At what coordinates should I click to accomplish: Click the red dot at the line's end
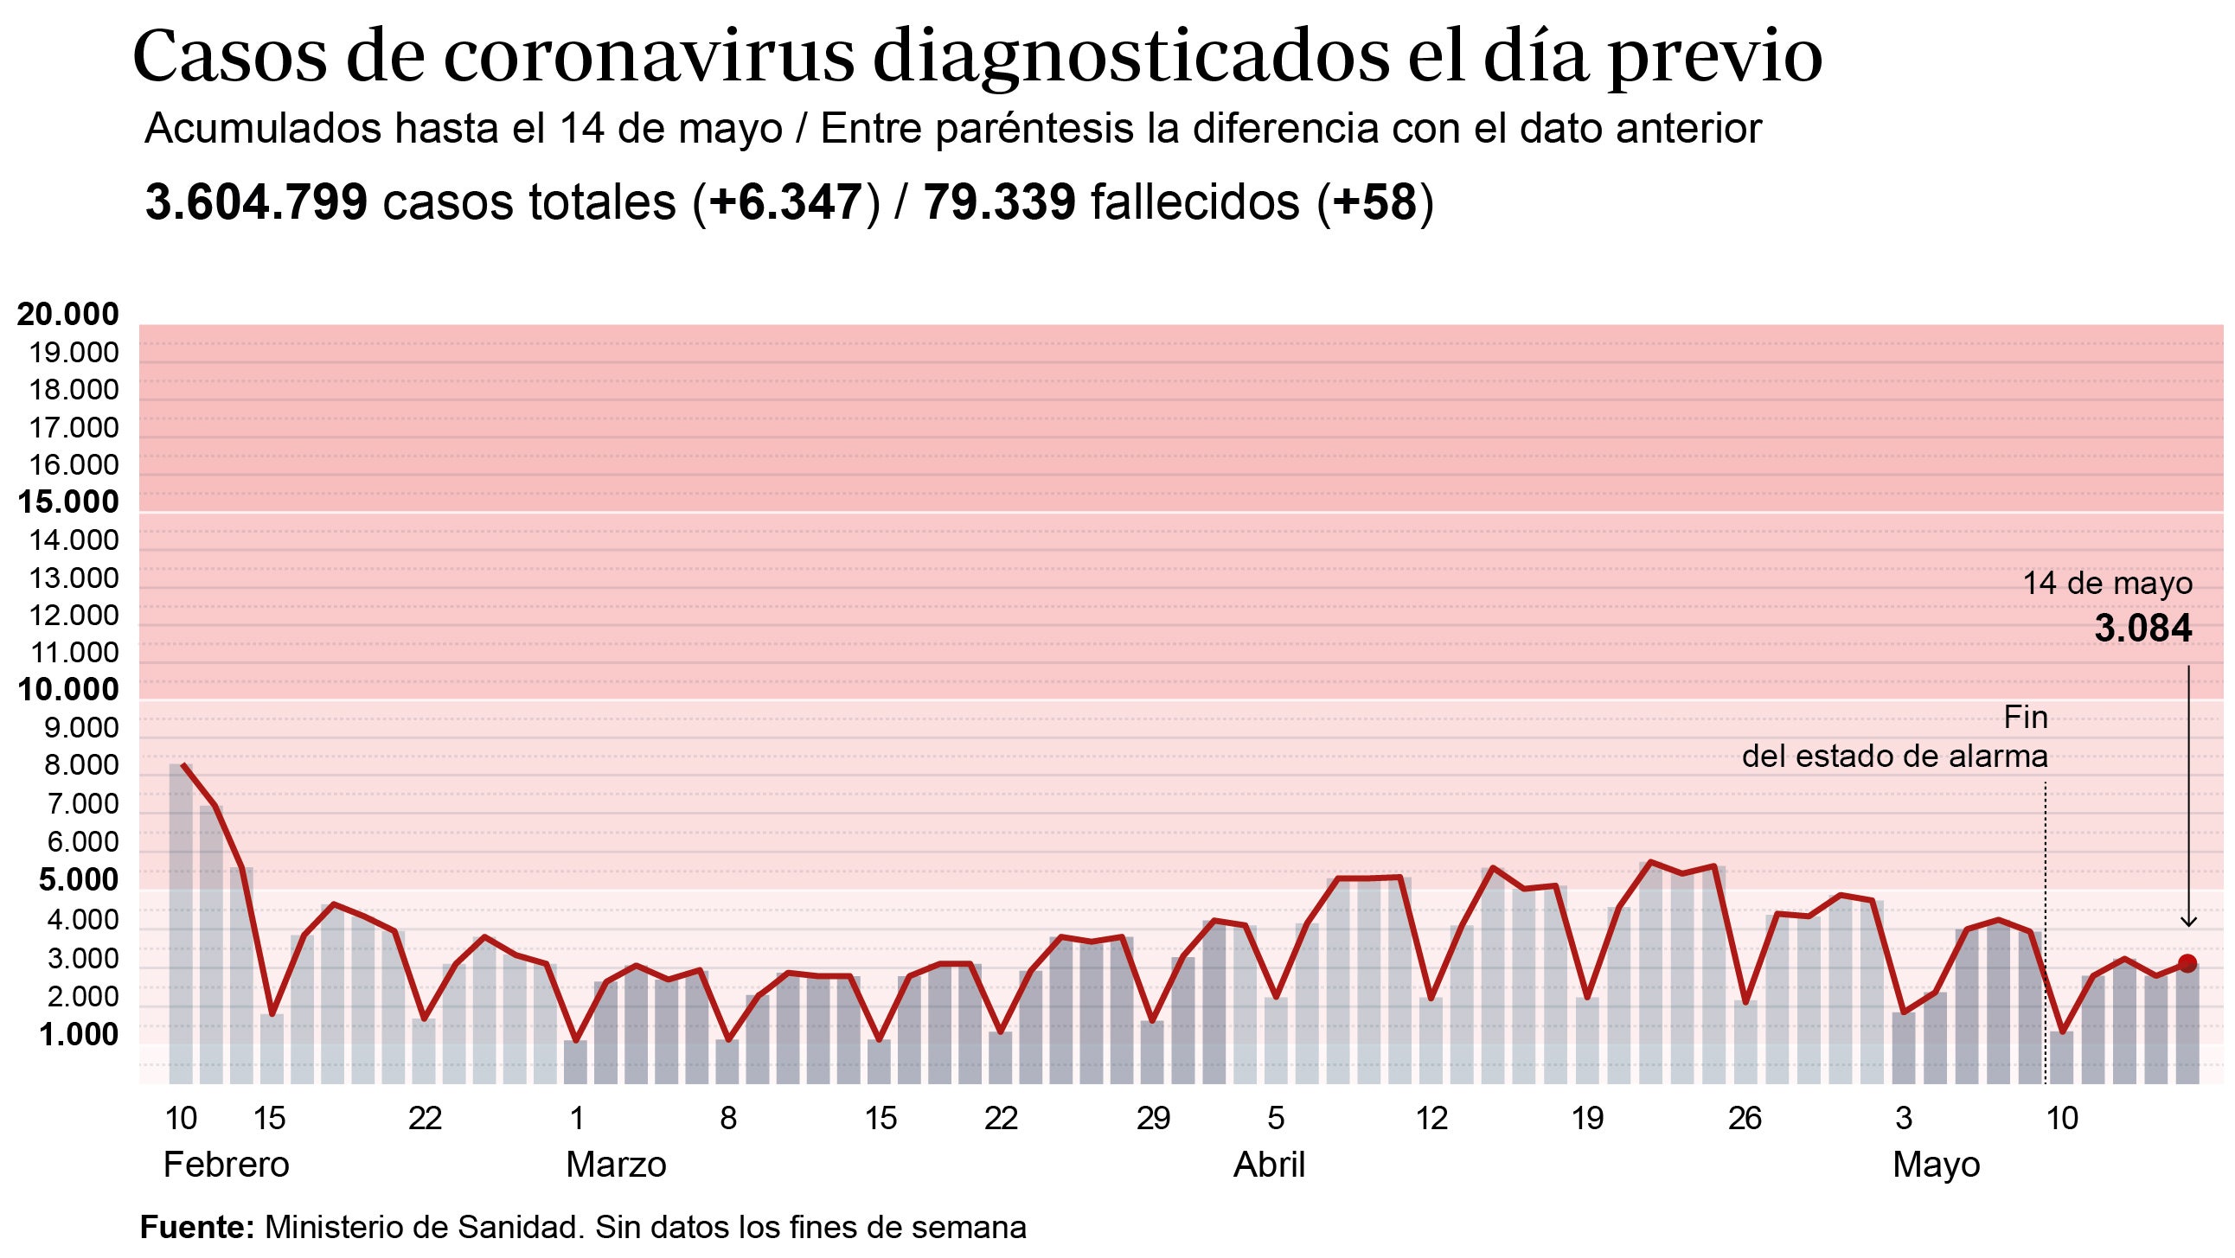[x=2187, y=963]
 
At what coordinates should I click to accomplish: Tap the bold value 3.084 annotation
[x=2142, y=628]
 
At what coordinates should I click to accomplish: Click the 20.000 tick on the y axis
[x=67, y=314]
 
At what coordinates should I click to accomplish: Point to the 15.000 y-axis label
[x=67, y=501]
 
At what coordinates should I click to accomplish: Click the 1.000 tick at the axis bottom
[x=78, y=1034]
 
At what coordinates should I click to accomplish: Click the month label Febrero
[x=226, y=1165]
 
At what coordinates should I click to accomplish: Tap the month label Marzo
[x=616, y=1165]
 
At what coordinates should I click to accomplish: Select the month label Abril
[x=1269, y=1165]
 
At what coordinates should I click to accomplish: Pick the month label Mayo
[x=1936, y=1165]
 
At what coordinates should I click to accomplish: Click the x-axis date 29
[x=1153, y=1118]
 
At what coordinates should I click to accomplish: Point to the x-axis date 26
[x=1745, y=1118]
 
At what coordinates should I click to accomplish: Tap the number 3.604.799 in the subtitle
[x=257, y=202]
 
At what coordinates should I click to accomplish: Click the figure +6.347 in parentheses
[x=785, y=202]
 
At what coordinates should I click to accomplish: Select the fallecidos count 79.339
[x=1000, y=202]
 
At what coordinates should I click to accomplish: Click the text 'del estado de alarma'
[x=1895, y=757]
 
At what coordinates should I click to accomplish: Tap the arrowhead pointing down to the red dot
[x=2188, y=922]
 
